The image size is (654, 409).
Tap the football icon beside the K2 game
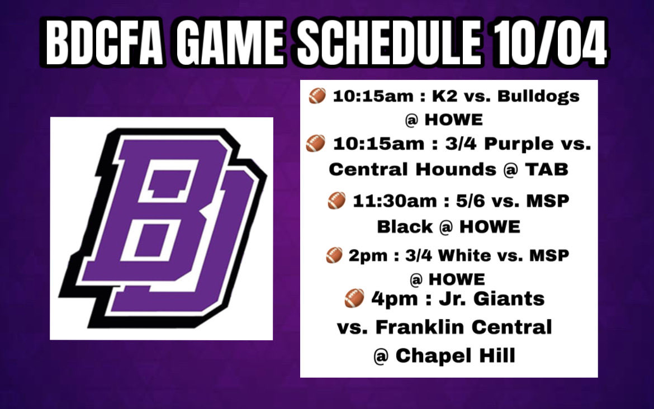point(317,97)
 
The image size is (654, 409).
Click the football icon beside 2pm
point(334,256)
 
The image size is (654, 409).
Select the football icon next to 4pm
point(354,299)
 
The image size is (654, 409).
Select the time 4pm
point(388,298)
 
